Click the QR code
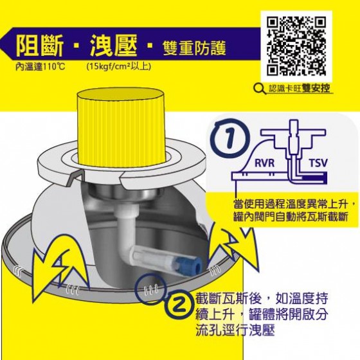[296, 46]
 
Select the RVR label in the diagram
[264, 163]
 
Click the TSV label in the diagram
[318, 163]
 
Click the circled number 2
[180, 305]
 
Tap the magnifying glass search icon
[260, 89]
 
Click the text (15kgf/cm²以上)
[119, 66]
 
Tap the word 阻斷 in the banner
[40, 46]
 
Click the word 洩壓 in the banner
[114, 46]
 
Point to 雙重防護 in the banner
[194, 49]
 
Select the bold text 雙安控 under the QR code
[316, 88]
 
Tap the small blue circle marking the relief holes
[150, 287]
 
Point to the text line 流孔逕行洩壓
[235, 330]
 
